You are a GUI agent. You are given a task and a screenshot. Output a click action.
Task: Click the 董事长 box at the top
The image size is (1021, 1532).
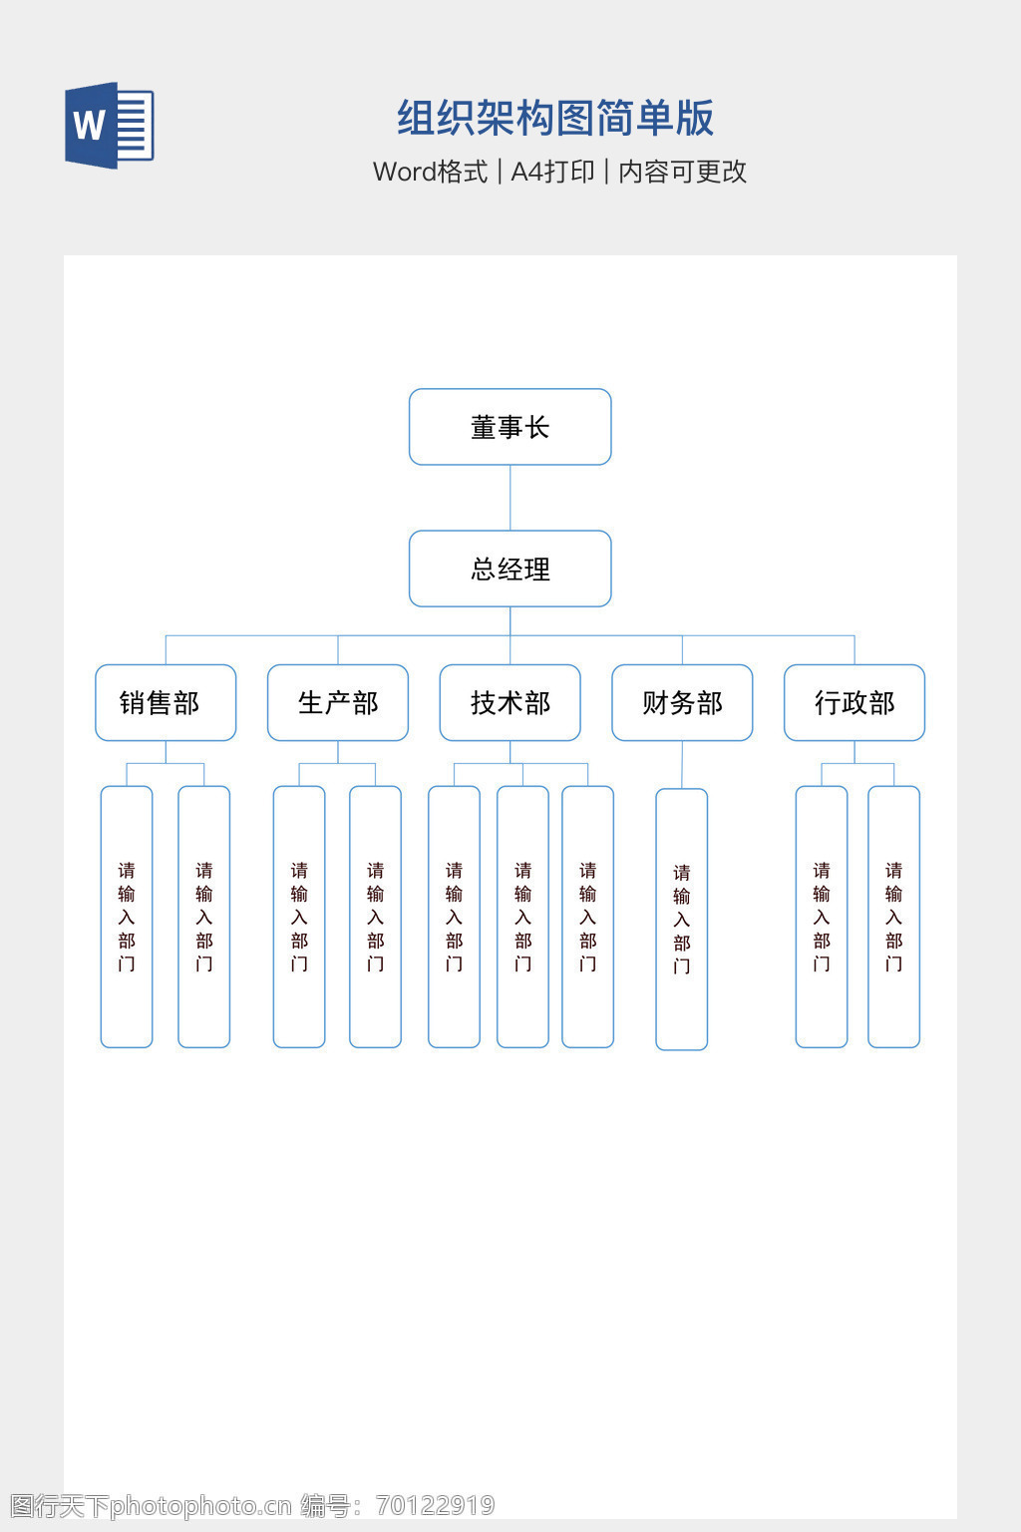510,427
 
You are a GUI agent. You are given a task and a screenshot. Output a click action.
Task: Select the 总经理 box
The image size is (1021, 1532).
510,569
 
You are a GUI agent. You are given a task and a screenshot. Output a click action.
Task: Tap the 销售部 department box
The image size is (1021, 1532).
166,703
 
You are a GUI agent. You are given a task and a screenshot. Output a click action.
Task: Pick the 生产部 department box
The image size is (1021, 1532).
338,703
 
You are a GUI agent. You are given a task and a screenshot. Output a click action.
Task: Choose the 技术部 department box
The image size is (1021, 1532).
510,703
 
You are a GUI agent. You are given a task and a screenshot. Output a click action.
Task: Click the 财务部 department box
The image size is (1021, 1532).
682,703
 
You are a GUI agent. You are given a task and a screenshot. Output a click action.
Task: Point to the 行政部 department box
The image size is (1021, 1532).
854,703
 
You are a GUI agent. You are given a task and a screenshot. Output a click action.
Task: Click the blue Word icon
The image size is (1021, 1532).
109,126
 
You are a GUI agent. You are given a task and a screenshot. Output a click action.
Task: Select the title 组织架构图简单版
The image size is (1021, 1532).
555,118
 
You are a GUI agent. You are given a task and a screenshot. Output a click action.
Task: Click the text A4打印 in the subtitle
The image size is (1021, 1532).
552,172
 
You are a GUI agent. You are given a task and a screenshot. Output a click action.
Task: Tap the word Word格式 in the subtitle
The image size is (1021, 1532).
430,172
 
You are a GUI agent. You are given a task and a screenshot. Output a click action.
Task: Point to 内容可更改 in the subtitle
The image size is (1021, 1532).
683,172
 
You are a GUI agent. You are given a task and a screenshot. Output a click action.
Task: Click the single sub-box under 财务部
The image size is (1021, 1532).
682,919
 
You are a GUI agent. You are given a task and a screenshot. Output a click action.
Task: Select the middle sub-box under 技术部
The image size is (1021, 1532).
522,917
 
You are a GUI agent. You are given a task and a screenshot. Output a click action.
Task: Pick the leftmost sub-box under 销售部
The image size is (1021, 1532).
127,917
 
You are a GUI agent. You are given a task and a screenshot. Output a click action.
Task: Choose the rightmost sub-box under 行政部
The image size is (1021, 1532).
893,917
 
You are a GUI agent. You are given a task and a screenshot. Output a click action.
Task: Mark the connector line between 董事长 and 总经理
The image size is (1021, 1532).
510,498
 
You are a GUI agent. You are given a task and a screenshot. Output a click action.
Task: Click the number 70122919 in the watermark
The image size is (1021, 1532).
435,1505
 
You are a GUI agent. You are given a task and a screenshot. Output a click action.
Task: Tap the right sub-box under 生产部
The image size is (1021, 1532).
375,917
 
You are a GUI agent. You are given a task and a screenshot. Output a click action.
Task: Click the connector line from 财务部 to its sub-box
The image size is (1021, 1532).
682,765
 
